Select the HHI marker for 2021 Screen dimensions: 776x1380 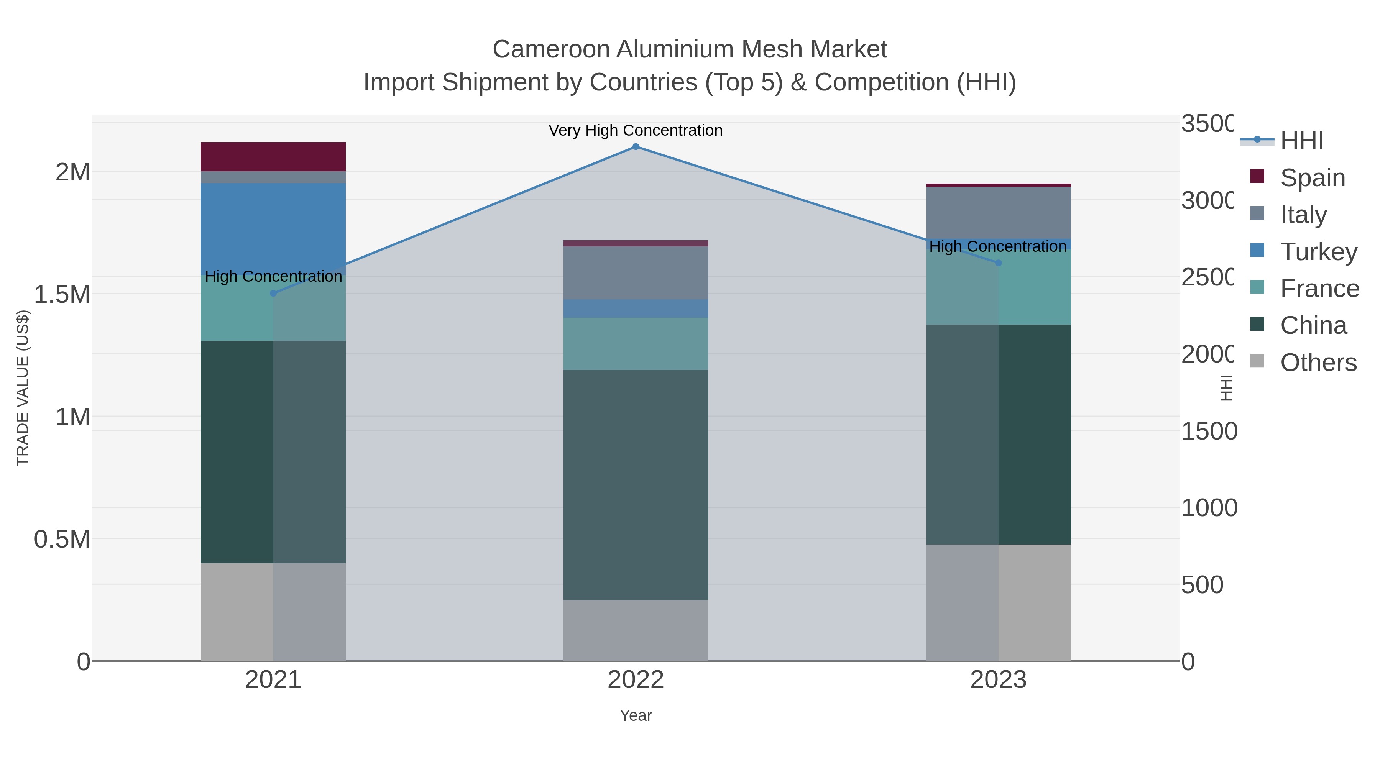point(273,294)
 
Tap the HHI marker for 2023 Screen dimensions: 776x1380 point(998,263)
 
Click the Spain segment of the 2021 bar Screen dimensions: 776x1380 point(273,157)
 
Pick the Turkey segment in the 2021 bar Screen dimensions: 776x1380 point(273,225)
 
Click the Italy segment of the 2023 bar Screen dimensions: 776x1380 point(998,213)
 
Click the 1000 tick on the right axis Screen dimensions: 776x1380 point(1209,508)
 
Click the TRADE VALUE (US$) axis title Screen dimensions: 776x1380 point(23,388)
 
